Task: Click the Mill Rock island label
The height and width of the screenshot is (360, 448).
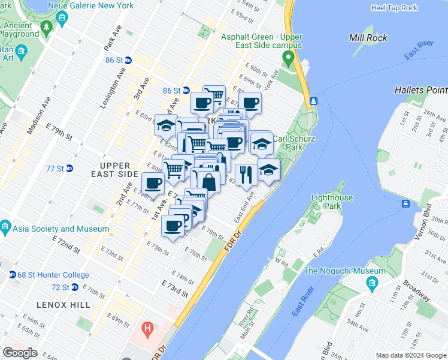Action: click(368, 38)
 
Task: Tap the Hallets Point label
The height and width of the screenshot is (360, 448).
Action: click(420, 90)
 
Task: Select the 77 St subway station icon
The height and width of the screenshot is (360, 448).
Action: click(69, 169)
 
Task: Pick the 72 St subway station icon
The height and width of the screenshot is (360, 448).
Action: click(74, 287)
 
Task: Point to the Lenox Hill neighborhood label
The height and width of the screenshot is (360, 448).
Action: click(63, 305)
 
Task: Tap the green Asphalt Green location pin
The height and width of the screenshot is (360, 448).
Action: click(288, 59)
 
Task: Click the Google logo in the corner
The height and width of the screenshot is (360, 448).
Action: click(20, 352)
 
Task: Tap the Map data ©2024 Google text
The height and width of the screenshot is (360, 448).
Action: click(411, 355)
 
